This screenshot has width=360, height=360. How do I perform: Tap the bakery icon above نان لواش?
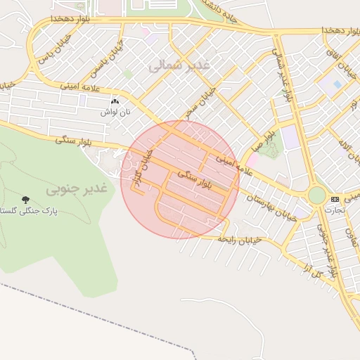point(115,103)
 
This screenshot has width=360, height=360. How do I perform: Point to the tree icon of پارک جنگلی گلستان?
point(26,200)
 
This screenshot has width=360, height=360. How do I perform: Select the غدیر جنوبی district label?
point(75,189)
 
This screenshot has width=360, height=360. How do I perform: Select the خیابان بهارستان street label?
point(275,205)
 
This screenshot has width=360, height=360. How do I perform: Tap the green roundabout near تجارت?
point(317,195)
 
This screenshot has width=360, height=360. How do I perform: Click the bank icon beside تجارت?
point(335,199)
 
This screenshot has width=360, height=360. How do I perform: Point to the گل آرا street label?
point(307,268)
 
